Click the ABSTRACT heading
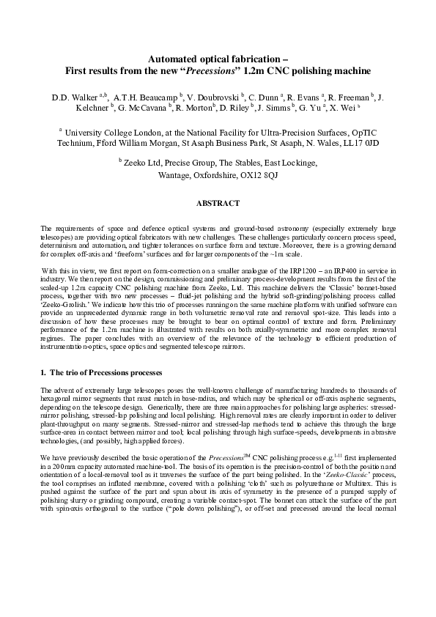(x=218, y=203)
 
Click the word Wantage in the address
(x=175, y=176)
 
